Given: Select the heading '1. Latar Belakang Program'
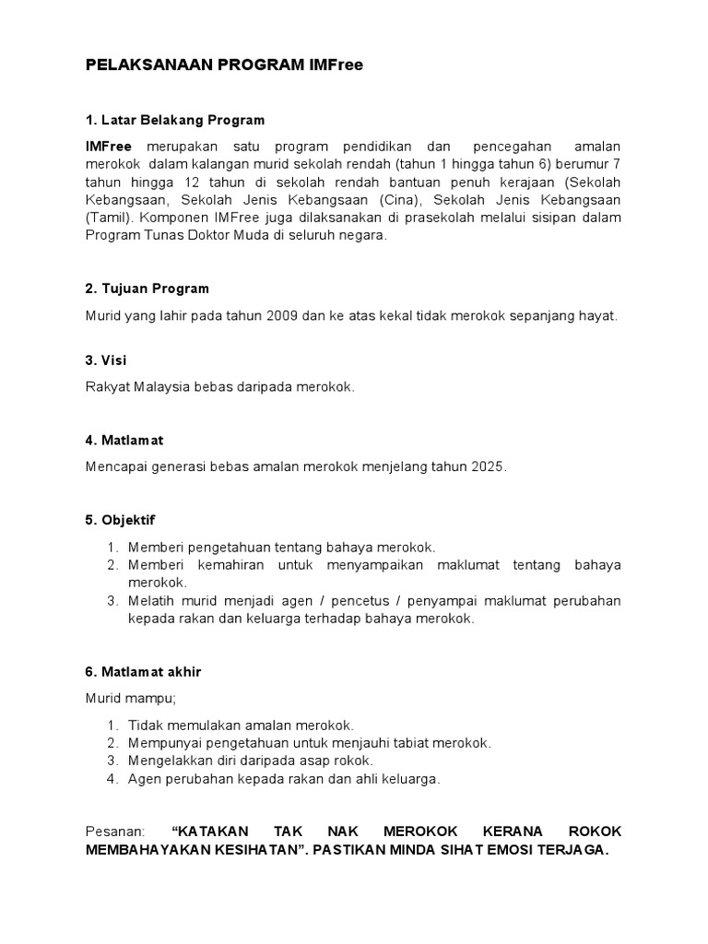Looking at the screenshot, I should click(x=174, y=120).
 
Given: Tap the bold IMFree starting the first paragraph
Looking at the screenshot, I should click(x=109, y=147).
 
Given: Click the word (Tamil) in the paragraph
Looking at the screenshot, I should click(x=109, y=218).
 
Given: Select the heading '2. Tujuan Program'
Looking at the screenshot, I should click(x=147, y=289).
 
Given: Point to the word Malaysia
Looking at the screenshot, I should click(x=159, y=387).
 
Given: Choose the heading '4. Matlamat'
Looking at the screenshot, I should click(x=124, y=440).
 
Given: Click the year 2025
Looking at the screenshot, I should click(x=489, y=467).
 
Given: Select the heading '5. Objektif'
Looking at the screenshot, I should click(x=120, y=520).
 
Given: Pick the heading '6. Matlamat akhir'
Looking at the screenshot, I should click(x=143, y=672).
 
